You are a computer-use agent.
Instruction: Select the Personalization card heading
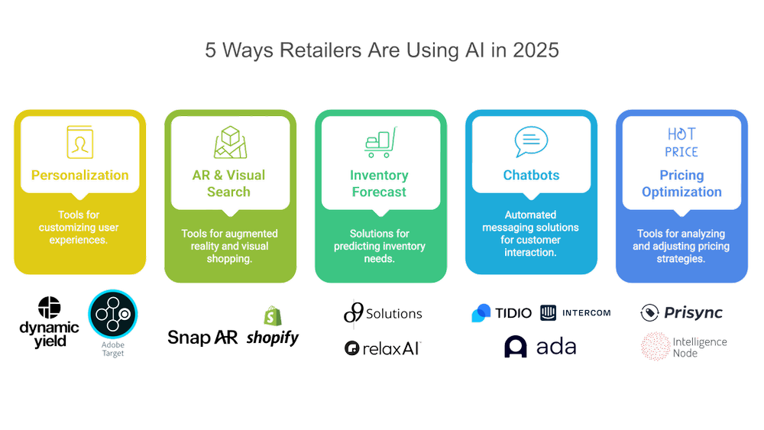(x=79, y=175)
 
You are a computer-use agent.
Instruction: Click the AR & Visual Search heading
(x=228, y=183)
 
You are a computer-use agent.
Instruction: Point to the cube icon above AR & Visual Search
(x=228, y=142)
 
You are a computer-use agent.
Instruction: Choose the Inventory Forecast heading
(x=380, y=183)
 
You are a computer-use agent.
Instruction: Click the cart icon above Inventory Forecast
(x=379, y=142)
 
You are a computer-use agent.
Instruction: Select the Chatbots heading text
(x=531, y=175)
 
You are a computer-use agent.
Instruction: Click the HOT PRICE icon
(x=681, y=142)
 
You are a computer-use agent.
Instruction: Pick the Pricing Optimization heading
(x=681, y=183)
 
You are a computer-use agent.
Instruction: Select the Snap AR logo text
(x=203, y=338)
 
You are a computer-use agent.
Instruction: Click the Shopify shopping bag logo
(x=271, y=316)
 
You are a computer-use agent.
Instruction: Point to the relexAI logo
(x=383, y=348)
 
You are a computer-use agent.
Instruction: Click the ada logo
(x=539, y=348)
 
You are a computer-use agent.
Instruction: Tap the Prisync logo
(x=681, y=312)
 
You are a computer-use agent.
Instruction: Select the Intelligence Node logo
(x=684, y=347)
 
